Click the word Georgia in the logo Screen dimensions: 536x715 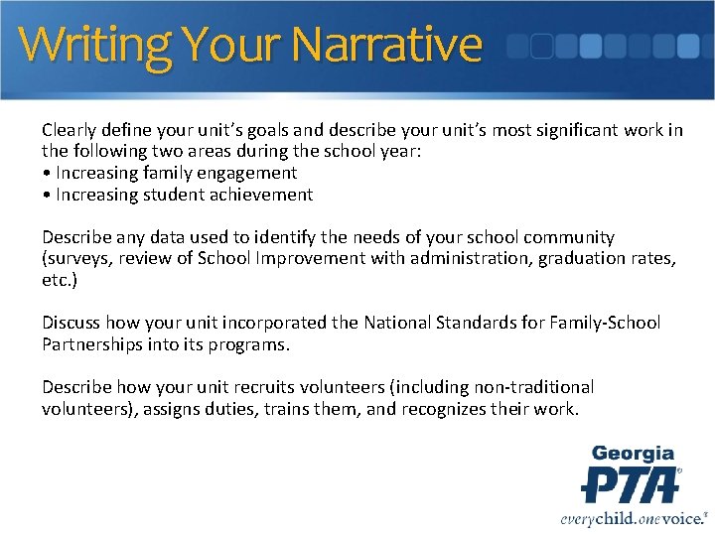[x=633, y=455]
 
